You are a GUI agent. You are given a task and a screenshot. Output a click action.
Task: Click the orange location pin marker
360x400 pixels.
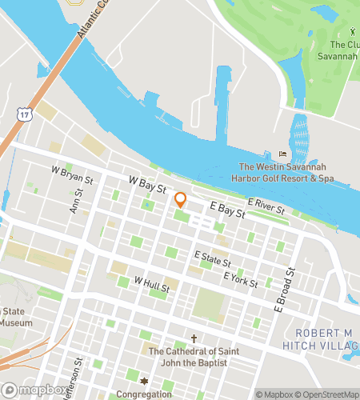[x=180, y=200]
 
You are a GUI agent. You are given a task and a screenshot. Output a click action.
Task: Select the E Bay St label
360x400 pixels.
[x=226, y=210]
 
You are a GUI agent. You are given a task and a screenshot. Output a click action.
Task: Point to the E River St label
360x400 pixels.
[x=266, y=206]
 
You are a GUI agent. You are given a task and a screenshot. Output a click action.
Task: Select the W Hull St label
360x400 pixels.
[x=152, y=283]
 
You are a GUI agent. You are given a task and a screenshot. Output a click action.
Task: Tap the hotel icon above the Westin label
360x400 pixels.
[x=282, y=154]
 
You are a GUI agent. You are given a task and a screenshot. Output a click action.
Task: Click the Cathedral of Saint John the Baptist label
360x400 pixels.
[x=193, y=356]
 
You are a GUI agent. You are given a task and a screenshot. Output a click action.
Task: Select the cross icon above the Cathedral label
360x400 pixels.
[x=193, y=338]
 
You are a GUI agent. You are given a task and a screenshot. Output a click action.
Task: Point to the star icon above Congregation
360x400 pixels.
[x=145, y=382]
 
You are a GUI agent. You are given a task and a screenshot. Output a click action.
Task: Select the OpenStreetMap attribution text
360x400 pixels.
[x=327, y=394]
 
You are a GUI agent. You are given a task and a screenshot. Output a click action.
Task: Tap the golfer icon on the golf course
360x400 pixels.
[x=352, y=32]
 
